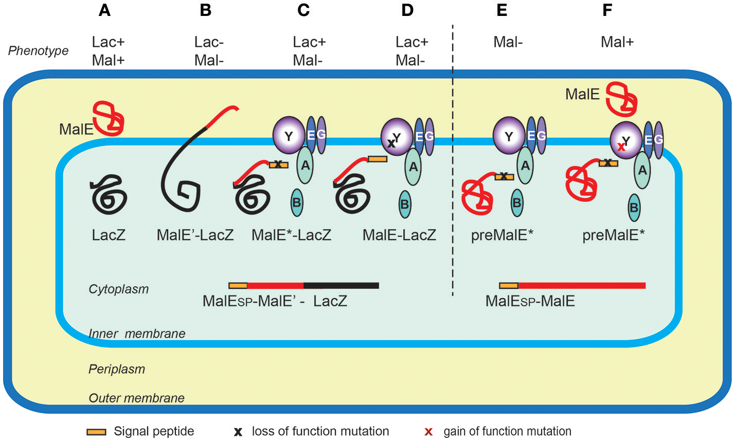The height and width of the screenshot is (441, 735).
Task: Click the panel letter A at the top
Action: [x=104, y=10]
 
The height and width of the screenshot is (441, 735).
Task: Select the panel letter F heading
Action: [x=607, y=10]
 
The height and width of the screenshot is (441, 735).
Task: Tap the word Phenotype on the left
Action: [x=39, y=51]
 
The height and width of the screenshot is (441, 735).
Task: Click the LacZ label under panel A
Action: [x=109, y=235]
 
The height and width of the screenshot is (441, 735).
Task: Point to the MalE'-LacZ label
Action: [x=195, y=235]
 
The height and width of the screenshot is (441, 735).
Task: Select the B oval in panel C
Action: [x=296, y=203]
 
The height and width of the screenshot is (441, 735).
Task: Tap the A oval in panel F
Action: [x=642, y=170]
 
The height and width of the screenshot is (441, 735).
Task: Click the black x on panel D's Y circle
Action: [x=391, y=143]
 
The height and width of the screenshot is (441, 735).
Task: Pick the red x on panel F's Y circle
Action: [x=621, y=146]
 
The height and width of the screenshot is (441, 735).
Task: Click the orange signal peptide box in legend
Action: [x=96, y=432]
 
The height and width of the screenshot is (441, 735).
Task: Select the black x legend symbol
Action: [x=238, y=432]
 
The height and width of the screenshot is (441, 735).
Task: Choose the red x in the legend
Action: [x=428, y=432]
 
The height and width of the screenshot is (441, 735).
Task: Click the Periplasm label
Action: [x=117, y=369]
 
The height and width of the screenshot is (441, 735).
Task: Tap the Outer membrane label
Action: [x=136, y=398]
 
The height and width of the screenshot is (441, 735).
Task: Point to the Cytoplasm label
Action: [x=118, y=289]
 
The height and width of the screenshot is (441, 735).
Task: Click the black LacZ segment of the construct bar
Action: [x=341, y=286]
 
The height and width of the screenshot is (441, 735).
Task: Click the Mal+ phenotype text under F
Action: [x=617, y=42]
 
